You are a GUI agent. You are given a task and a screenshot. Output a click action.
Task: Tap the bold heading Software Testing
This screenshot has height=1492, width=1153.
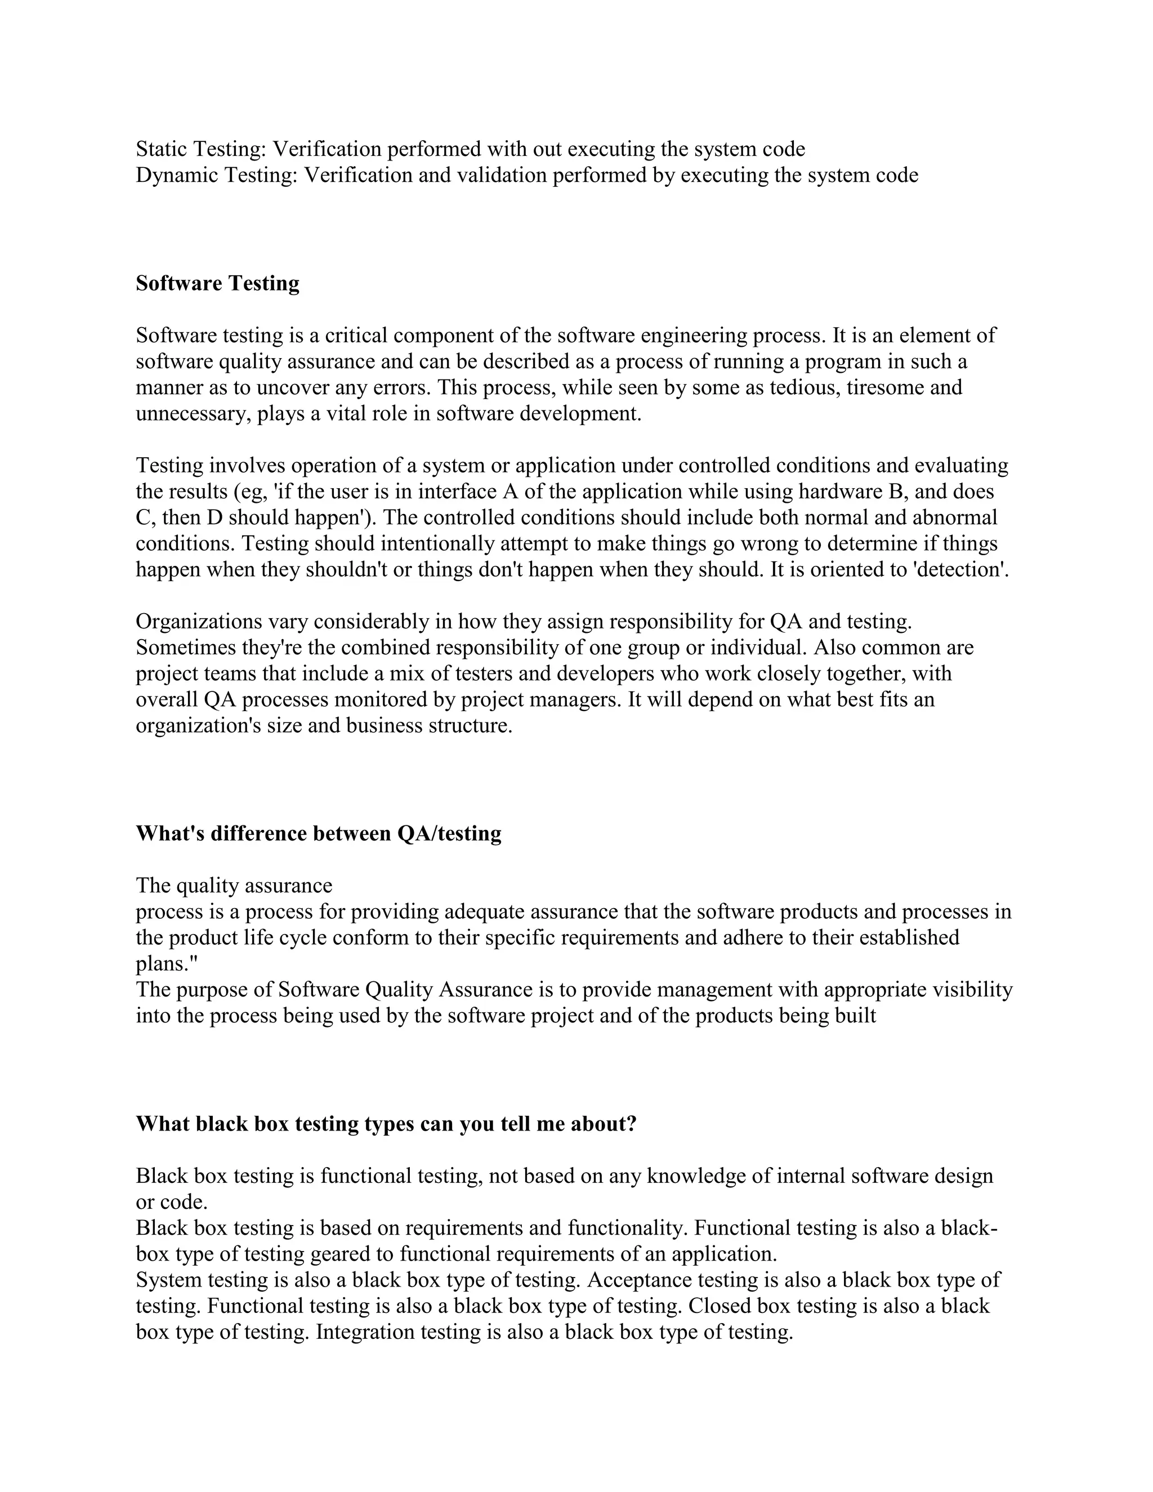pos(217,284)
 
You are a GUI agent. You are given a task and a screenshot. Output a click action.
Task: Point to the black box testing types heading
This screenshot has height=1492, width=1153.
pos(386,1124)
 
